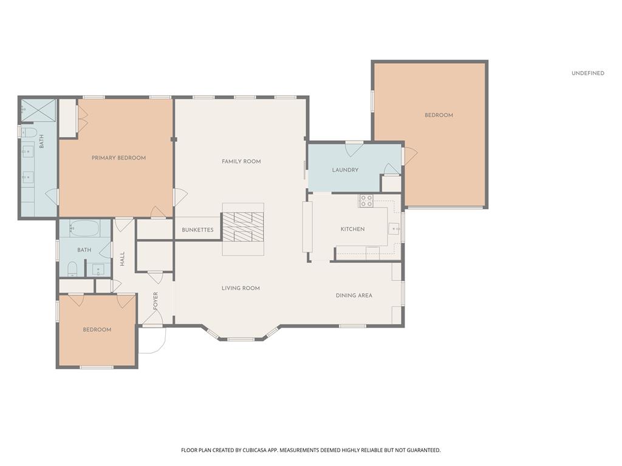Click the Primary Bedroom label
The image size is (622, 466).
coord(118,158)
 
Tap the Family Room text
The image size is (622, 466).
coord(241,161)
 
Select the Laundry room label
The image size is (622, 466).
coord(345,170)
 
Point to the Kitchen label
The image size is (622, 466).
coord(353,229)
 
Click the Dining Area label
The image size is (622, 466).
coord(354,295)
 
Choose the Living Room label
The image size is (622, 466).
coord(241,288)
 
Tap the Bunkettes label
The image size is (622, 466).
coord(197,230)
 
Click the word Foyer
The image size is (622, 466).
coord(155,301)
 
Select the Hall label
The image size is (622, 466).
coord(122,258)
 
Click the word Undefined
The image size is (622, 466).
coord(588,73)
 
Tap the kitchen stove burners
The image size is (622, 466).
coord(366,201)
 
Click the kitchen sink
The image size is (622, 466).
coord(394,229)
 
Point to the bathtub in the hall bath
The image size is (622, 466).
coord(84,228)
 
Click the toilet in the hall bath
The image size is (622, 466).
coord(72,268)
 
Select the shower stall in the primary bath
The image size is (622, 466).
coord(38,110)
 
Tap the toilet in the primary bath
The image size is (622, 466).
coord(29,132)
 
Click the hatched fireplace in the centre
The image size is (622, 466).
coord(243,227)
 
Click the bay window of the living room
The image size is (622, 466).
coord(241,335)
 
